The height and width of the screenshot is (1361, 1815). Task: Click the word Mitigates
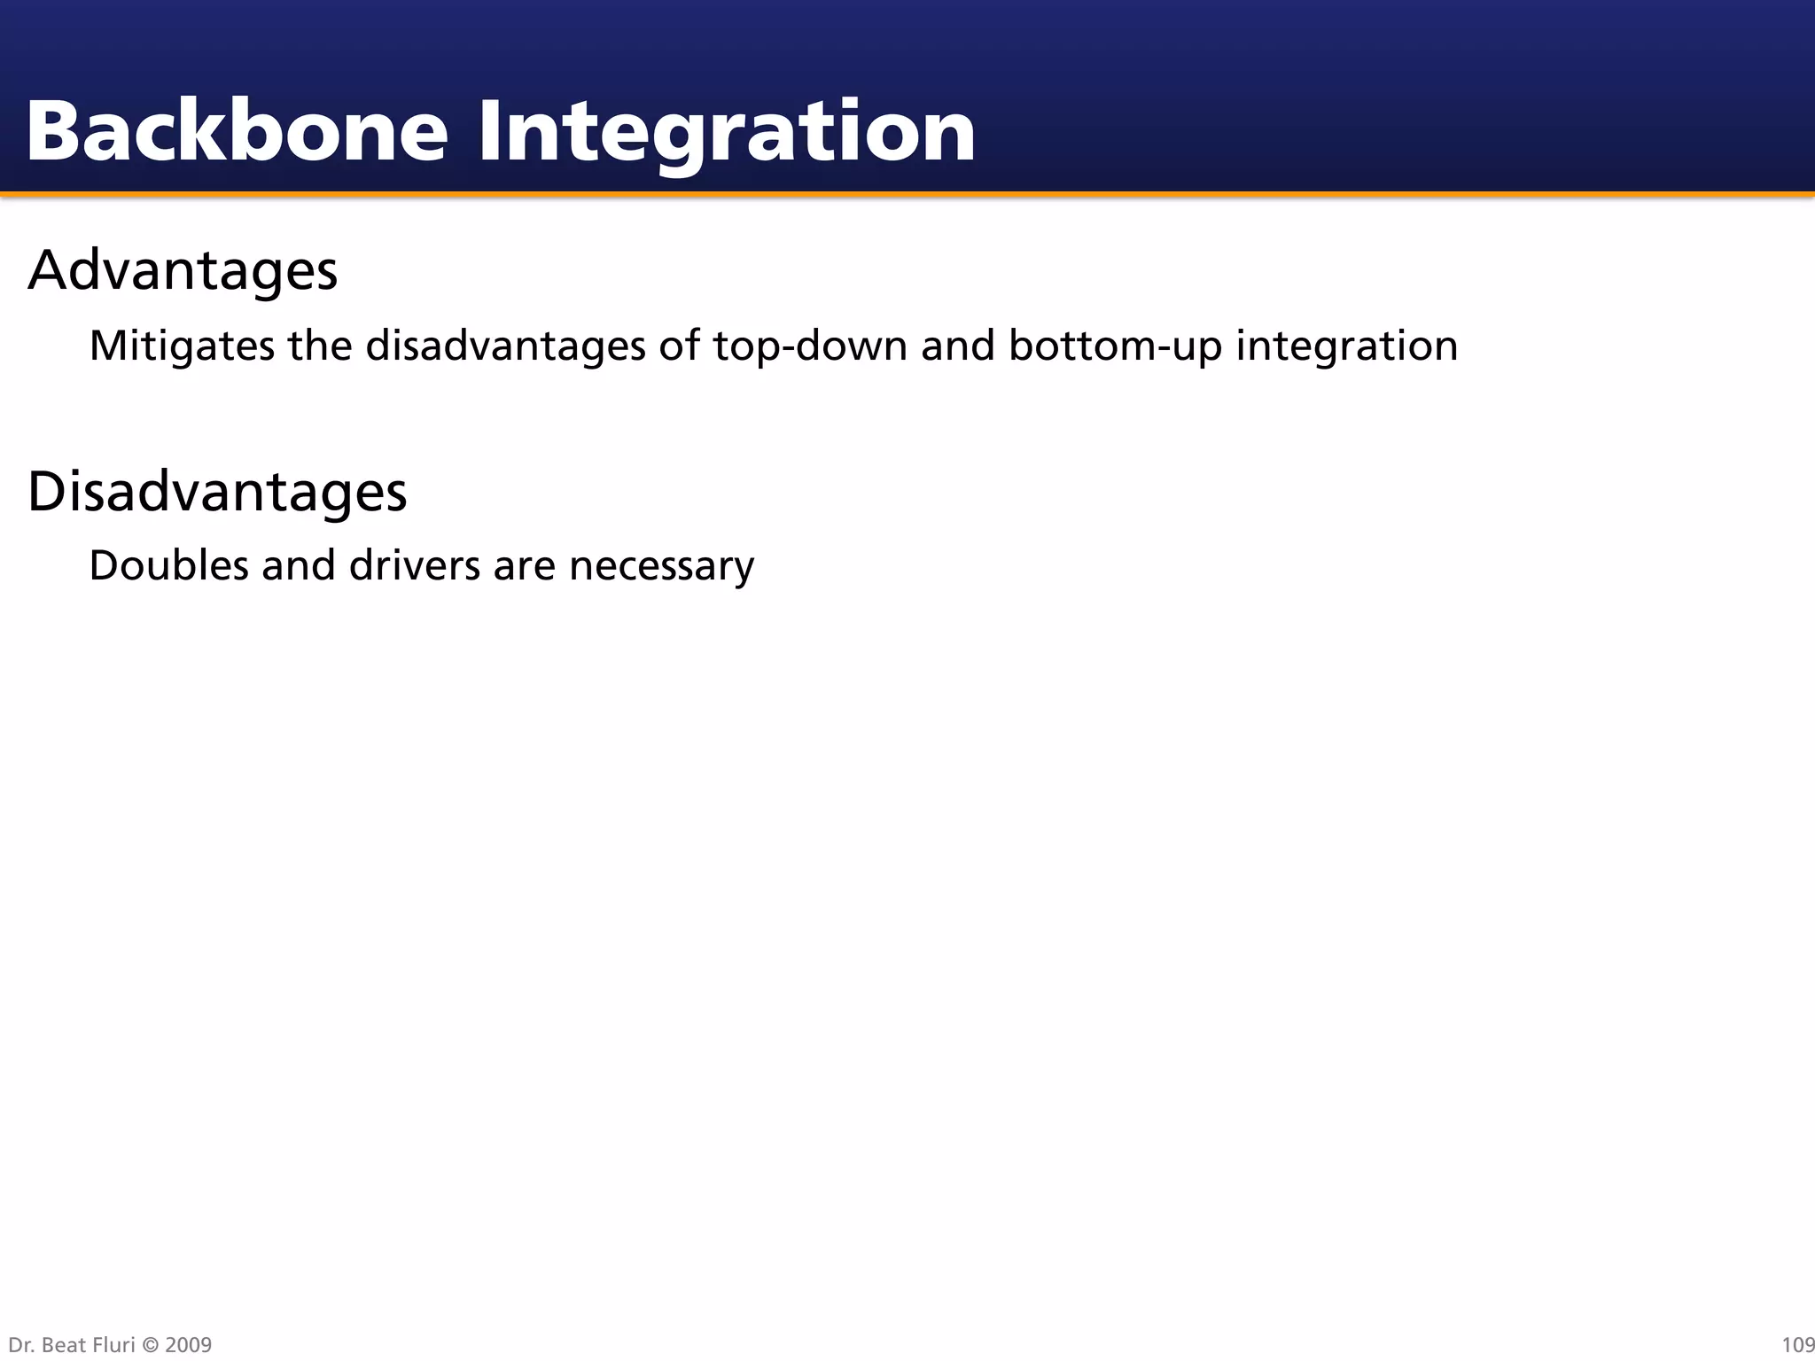[x=182, y=346]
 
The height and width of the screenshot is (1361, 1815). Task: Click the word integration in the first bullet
[x=1346, y=346]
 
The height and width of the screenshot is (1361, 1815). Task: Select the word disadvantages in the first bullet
[x=505, y=346]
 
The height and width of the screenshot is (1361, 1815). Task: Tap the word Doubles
[x=168, y=565]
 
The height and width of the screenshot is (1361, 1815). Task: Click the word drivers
[x=414, y=565]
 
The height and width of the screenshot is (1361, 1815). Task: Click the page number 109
[x=1797, y=1345]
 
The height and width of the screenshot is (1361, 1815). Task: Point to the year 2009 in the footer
[x=188, y=1345]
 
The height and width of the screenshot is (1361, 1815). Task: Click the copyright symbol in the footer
[x=150, y=1345]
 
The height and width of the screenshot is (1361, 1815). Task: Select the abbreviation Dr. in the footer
[x=20, y=1345]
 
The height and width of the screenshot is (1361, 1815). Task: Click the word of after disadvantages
[x=680, y=346]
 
